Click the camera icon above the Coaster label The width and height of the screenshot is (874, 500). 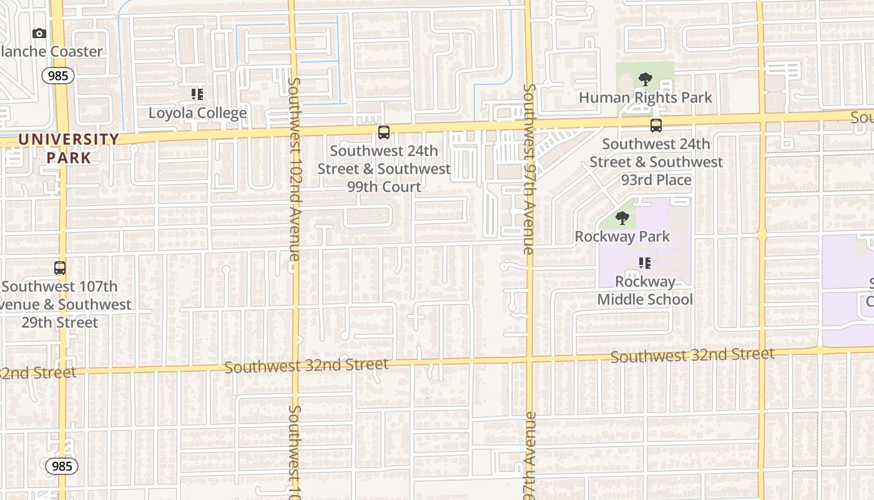tap(39, 33)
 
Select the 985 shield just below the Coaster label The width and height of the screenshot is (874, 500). tap(59, 76)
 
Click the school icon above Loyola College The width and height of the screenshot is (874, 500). tap(197, 94)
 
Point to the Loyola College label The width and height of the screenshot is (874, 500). tap(197, 113)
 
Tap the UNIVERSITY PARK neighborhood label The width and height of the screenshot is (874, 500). tap(69, 148)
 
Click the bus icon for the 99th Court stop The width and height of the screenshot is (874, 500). tap(384, 132)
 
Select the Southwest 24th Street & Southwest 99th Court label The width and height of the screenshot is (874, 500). tap(384, 169)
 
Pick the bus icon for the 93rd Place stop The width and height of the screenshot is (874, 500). tap(656, 126)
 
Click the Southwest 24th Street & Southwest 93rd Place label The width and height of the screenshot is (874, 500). tap(656, 162)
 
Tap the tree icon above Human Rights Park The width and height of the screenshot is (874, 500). tap(646, 79)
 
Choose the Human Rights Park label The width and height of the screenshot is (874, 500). tap(646, 97)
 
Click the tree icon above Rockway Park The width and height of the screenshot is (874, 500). tap(622, 218)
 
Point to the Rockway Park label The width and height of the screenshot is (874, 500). tap(622, 236)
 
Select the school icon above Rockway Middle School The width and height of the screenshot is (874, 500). tap(645, 263)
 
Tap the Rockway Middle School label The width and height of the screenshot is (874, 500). tap(645, 291)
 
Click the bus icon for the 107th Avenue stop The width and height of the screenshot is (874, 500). tap(60, 268)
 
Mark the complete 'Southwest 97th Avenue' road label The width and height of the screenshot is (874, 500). tap(529, 169)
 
